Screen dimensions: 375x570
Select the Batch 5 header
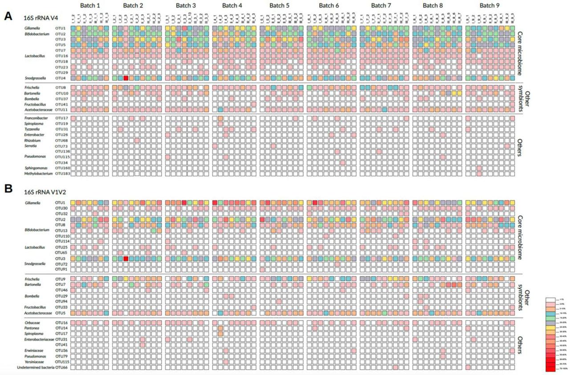click(281, 5)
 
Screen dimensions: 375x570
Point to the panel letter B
click(8, 188)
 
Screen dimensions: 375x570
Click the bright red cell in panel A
click(126, 78)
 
